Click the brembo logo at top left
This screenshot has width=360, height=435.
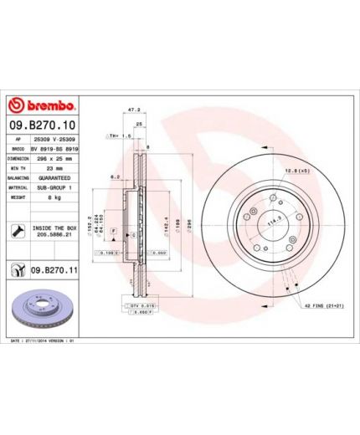[x=41, y=106]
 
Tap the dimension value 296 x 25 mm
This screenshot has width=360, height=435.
[x=55, y=156]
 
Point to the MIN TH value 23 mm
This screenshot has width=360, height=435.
[x=50, y=167]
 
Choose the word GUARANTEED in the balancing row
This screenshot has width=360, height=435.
[x=55, y=178]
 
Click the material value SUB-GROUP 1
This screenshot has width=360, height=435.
[x=55, y=188]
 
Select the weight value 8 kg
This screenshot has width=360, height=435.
[x=49, y=198]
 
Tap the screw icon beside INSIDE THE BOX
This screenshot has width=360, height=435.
[x=17, y=231]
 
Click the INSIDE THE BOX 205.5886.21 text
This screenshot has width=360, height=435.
[x=56, y=231]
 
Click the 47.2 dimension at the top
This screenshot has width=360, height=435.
[x=131, y=109]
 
